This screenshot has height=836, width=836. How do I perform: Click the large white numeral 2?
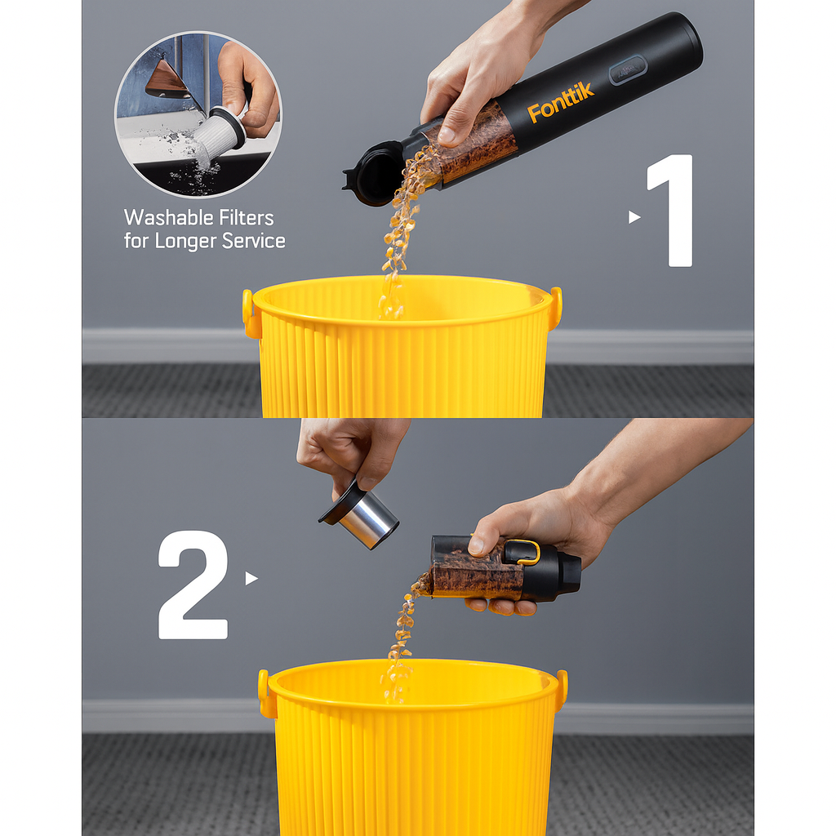(193, 585)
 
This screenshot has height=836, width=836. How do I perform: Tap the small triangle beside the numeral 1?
(634, 217)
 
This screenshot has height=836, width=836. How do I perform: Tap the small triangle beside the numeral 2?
(251, 578)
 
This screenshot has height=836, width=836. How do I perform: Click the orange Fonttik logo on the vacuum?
(561, 103)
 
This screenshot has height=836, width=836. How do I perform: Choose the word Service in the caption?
(257, 241)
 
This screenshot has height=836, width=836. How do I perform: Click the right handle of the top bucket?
(556, 307)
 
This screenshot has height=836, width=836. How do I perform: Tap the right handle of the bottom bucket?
(562, 689)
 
